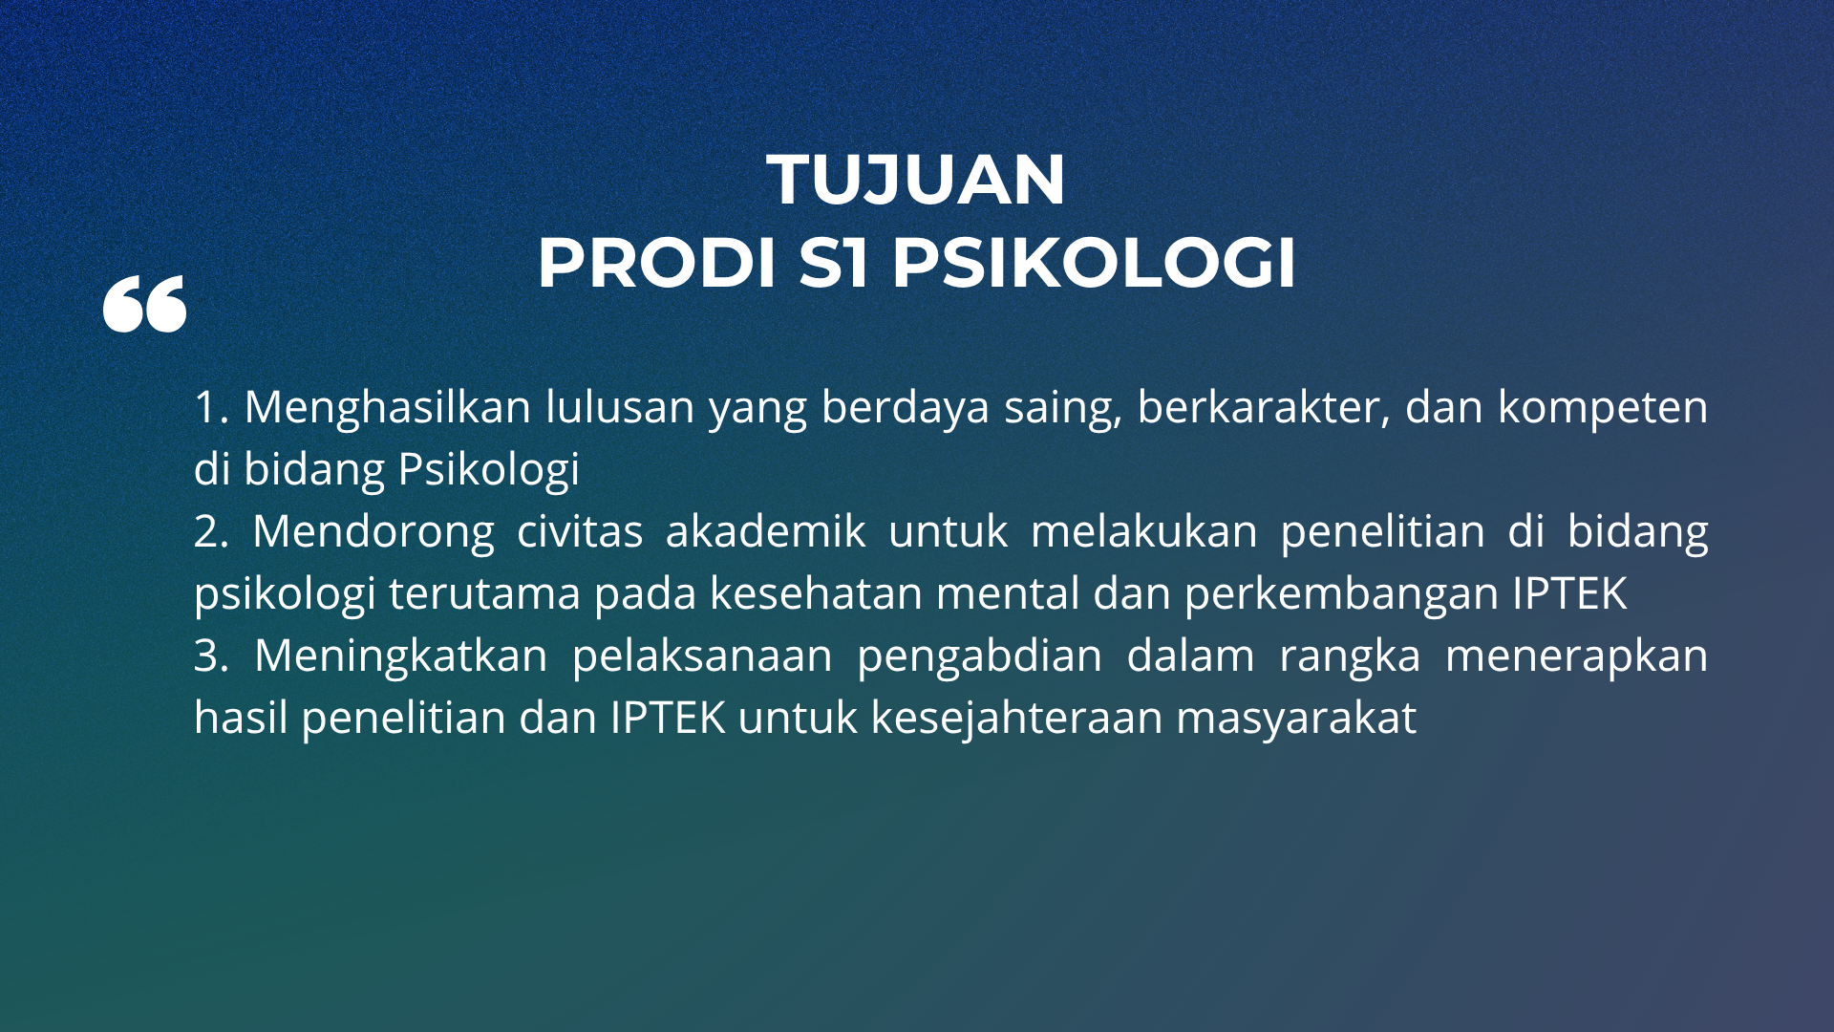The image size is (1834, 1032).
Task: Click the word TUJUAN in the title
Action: (916, 180)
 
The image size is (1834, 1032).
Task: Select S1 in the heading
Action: (834, 262)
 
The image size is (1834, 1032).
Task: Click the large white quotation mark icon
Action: (145, 305)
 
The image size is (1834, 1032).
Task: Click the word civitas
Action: (580, 531)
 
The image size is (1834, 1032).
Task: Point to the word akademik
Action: (766, 530)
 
